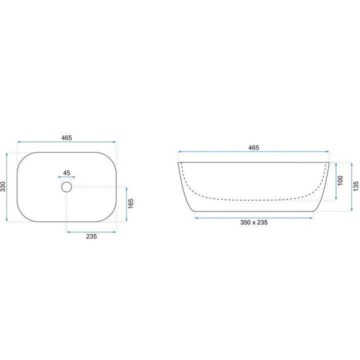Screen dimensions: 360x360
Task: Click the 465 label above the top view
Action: tap(66, 138)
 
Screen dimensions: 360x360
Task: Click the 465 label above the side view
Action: tap(253, 147)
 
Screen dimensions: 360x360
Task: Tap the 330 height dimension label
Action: tap(3, 186)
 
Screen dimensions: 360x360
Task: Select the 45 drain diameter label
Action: tap(66, 172)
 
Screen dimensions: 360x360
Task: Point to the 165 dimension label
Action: tap(130, 203)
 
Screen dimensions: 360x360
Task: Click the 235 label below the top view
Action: tap(91, 236)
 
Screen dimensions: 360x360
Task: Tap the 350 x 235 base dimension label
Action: tap(253, 222)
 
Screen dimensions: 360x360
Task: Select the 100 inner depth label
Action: tap(340, 180)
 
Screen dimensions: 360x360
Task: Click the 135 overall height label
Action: tap(356, 186)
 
